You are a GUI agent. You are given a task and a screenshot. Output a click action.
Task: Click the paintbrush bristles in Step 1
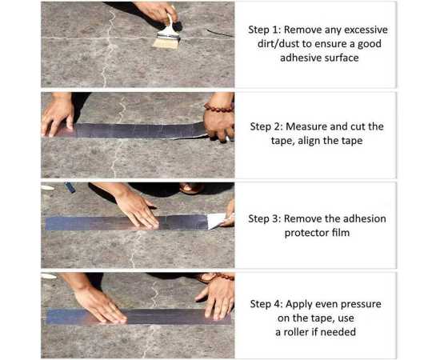coord(166,43)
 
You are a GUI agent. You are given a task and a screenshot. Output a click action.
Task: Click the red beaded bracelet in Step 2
coord(219,107)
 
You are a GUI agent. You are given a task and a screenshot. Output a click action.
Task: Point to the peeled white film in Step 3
coord(217,220)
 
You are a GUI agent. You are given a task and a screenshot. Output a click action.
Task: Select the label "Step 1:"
coord(265,30)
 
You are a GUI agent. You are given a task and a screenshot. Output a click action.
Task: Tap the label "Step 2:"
coord(267,127)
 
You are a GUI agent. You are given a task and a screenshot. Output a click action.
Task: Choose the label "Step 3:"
coord(265,219)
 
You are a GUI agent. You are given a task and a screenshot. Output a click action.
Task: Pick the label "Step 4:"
coord(266,305)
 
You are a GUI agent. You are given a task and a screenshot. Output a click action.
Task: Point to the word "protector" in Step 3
coord(305,233)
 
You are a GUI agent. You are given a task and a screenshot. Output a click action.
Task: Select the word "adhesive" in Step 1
coord(301,58)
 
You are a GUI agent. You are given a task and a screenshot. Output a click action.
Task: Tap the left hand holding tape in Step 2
coord(57,116)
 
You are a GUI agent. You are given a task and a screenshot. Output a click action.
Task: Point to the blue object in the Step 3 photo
coord(70,187)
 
